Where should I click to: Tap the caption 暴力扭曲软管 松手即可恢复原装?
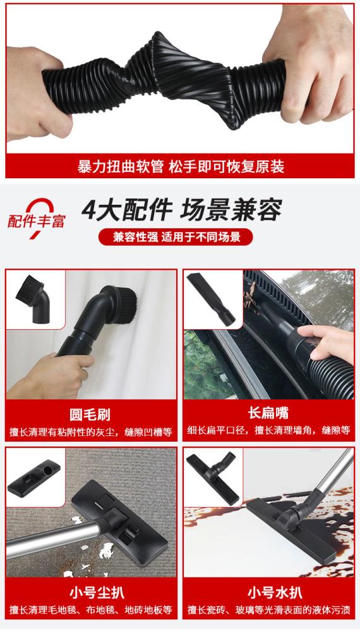[181, 167]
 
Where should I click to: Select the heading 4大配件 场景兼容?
[182, 210]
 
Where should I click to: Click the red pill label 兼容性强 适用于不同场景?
[176, 237]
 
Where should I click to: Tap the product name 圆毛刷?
[90, 415]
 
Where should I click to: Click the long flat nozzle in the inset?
[212, 298]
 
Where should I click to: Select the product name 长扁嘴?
[268, 413]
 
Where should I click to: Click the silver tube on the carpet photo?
[52, 537]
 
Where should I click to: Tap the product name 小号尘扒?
[97, 593]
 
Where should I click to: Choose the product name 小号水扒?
[275, 593]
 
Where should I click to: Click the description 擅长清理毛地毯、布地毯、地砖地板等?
[91, 610]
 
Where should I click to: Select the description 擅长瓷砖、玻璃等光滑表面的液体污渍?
[269, 610]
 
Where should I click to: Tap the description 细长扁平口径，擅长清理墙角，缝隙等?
[268, 431]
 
